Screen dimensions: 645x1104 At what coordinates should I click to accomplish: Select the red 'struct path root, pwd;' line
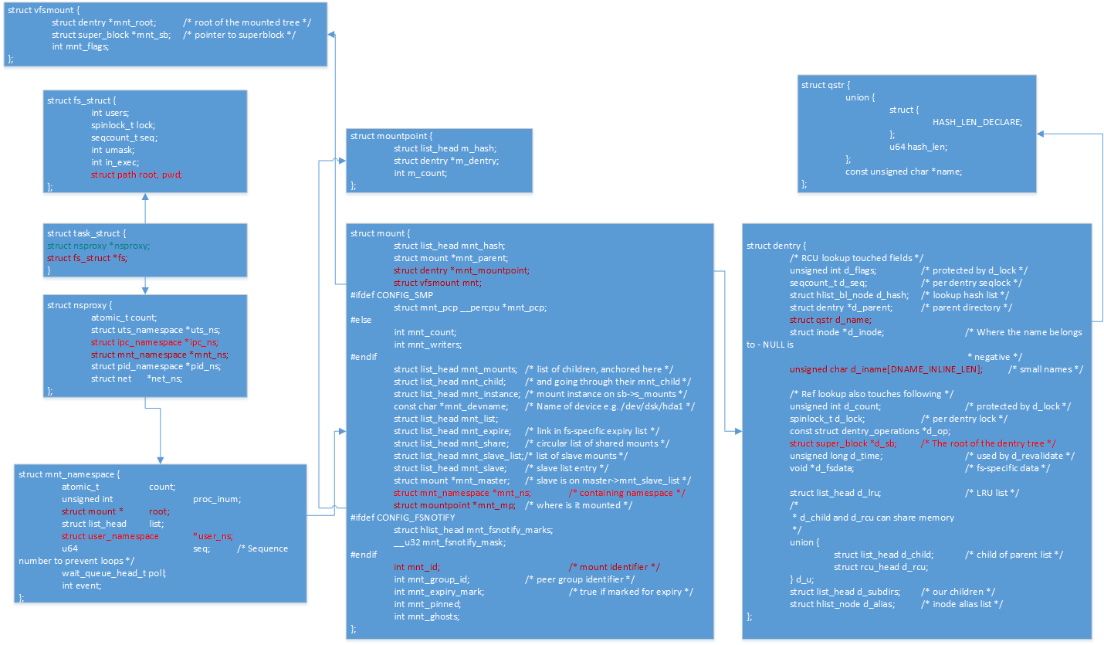point(136,175)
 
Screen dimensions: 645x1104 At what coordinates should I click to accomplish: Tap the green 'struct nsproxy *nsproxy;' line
point(98,246)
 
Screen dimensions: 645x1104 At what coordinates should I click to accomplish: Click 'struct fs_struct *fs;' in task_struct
point(87,258)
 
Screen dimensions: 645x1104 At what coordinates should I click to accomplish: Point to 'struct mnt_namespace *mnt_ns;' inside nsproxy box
point(159,355)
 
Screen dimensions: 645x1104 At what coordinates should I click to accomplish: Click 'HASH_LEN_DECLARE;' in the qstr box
point(977,122)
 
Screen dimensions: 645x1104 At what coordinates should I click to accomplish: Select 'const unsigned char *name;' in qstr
point(903,171)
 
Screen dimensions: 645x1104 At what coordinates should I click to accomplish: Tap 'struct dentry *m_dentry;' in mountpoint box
point(445,161)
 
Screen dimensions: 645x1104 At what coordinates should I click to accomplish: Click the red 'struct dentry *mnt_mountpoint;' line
point(461,270)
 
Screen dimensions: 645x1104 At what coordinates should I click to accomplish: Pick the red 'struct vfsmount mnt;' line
point(437,283)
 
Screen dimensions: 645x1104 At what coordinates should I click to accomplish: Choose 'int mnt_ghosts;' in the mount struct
point(426,616)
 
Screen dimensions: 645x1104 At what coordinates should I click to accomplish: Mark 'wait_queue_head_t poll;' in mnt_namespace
point(114,573)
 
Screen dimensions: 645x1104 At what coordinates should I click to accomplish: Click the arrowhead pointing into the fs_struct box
point(145,197)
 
